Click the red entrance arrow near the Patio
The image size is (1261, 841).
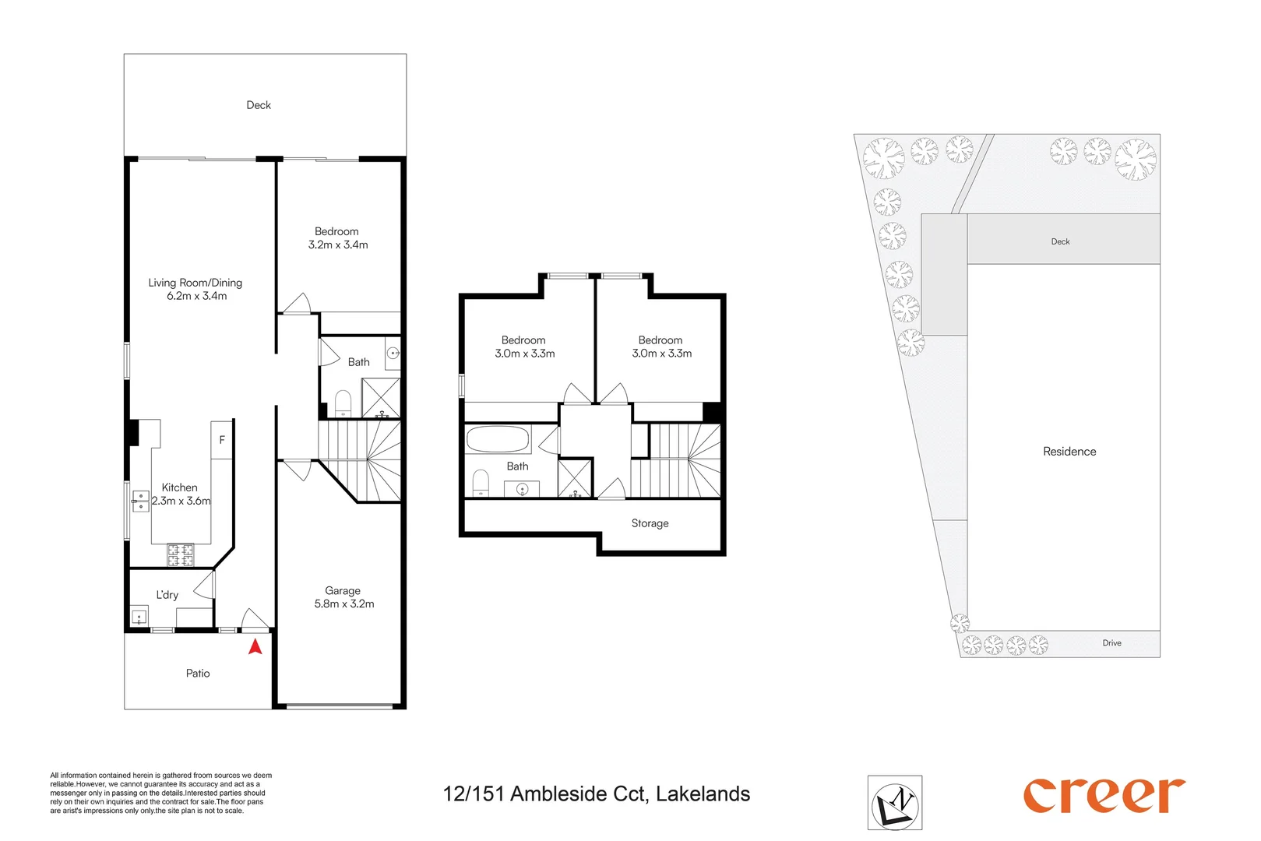pyautogui.click(x=255, y=646)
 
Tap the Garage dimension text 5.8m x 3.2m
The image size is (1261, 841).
pyautogui.click(x=344, y=604)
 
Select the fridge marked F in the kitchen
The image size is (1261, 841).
pyautogui.click(x=222, y=440)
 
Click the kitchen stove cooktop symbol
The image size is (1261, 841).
pyautogui.click(x=180, y=555)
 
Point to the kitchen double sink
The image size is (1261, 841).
pyautogui.click(x=140, y=501)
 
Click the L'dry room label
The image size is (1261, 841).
pyautogui.click(x=167, y=595)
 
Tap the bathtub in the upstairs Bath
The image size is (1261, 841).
pyautogui.click(x=498, y=439)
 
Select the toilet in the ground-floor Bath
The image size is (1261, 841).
pyautogui.click(x=343, y=403)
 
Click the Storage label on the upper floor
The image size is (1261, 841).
pyautogui.click(x=650, y=523)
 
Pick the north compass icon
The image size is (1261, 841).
pyautogui.click(x=895, y=803)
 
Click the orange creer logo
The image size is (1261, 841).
pyautogui.click(x=1104, y=796)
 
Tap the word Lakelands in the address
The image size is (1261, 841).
pyautogui.click(x=703, y=794)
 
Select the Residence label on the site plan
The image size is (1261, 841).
pyautogui.click(x=1069, y=452)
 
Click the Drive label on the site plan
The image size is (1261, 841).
pyautogui.click(x=1111, y=643)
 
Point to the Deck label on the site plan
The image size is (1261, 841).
pyautogui.click(x=1060, y=242)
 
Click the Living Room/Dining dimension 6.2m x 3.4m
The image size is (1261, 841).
pyautogui.click(x=196, y=297)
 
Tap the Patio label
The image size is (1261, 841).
pyautogui.click(x=198, y=674)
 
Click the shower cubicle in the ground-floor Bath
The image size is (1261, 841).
pyautogui.click(x=381, y=398)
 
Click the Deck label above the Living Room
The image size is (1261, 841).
pyautogui.click(x=259, y=105)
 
